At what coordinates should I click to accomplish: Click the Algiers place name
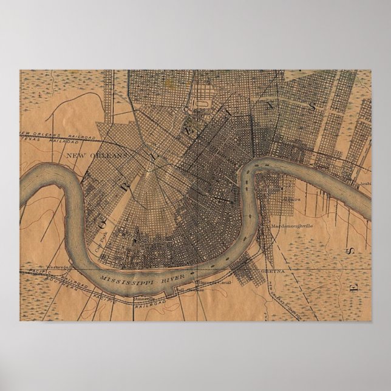pos(290,199)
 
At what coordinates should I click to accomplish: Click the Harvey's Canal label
pos(208,283)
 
